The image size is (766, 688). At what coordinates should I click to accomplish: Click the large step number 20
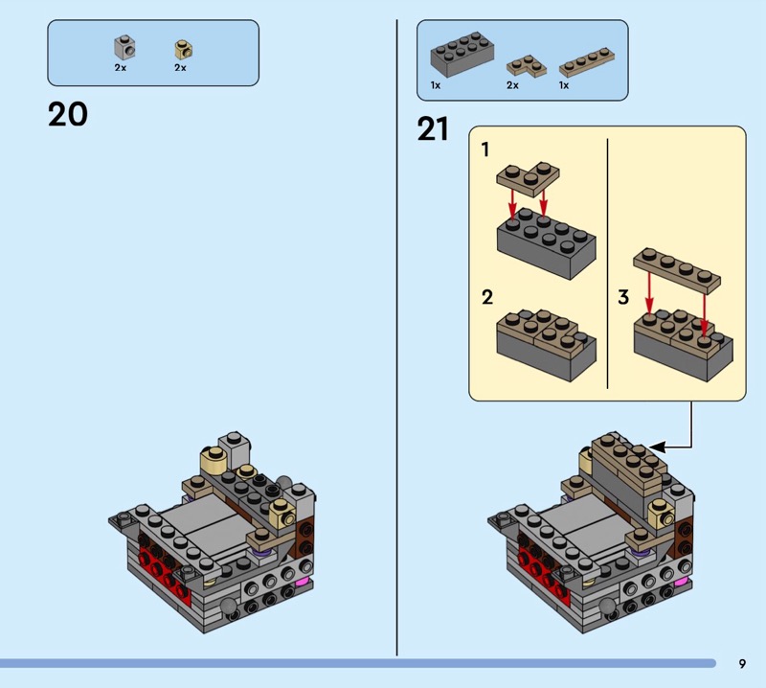[68, 114]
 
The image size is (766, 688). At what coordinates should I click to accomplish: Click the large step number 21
[433, 129]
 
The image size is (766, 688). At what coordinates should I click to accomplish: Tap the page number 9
[742, 663]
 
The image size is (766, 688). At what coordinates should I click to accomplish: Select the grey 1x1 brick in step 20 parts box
[124, 47]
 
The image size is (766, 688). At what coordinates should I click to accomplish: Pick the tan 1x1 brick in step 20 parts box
[183, 50]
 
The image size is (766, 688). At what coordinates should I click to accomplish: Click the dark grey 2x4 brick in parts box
[462, 55]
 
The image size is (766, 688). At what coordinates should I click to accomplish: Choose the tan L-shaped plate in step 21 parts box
[526, 66]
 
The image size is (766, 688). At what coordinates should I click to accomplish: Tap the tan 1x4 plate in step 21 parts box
[587, 62]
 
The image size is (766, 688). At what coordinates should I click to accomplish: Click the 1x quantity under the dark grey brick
[436, 85]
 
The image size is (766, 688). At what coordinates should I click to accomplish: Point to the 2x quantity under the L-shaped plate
[512, 85]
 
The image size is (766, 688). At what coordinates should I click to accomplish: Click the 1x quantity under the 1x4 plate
[564, 85]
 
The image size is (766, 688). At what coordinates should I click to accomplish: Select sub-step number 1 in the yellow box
[484, 149]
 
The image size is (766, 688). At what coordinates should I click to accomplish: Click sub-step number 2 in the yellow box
[487, 297]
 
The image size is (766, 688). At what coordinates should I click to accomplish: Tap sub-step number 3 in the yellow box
[623, 297]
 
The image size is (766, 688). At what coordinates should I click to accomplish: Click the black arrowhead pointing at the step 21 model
[657, 447]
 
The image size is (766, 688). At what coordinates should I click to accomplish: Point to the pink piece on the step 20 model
[303, 582]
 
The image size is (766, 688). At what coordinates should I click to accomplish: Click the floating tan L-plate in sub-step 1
[529, 179]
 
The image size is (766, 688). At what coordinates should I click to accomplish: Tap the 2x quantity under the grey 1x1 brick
[121, 67]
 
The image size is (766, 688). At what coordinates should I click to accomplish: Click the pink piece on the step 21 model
[682, 583]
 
